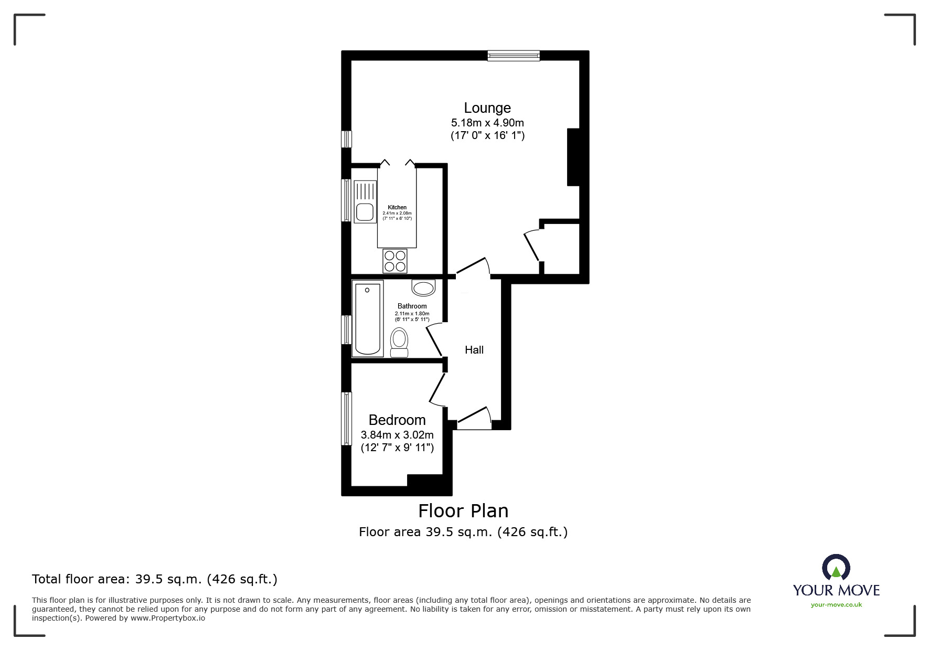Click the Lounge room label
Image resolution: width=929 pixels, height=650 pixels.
click(487, 108)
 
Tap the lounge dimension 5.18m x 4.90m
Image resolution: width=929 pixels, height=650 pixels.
click(487, 123)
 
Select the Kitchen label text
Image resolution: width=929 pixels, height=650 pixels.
click(397, 207)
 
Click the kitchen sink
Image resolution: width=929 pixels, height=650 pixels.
click(365, 212)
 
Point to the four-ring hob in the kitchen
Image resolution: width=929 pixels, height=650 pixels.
click(395, 261)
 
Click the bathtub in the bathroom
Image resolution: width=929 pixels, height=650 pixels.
click(367, 318)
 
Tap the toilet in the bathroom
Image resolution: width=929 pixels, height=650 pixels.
click(399, 342)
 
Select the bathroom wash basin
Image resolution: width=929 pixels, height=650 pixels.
click(423, 287)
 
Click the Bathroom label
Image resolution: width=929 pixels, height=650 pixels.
click(412, 306)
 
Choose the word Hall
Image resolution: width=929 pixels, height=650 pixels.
click(474, 350)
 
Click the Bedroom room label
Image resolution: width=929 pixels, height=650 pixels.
click(397, 420)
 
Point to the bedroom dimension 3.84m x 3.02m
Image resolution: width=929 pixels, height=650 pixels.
click(397, 435)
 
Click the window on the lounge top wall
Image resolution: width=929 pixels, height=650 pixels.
click(513, 56)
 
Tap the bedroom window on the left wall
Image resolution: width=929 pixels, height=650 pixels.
click(346, 418)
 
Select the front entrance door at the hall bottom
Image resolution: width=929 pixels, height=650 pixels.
click(474, 418)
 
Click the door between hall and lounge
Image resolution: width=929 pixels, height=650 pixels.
click(472, 267)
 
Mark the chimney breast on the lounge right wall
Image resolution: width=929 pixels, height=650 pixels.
click(573, 157)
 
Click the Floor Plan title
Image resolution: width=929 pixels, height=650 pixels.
click(463, 510)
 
